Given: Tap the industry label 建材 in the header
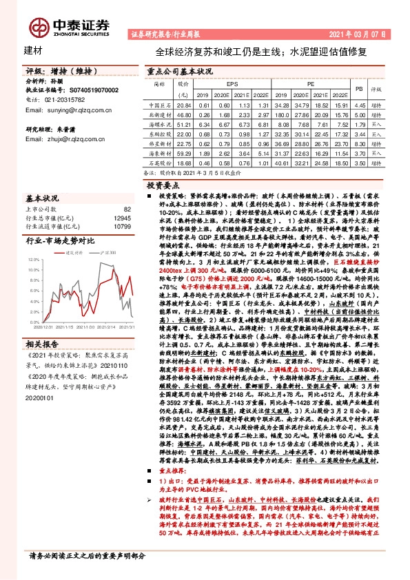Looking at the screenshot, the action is point(33,51).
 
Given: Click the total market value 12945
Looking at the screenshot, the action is point(122,217).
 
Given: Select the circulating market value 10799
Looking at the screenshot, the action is point(122,225).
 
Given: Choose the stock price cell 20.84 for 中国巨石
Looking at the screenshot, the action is point(183,105).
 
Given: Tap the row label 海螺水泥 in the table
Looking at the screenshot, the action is point(160,125).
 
